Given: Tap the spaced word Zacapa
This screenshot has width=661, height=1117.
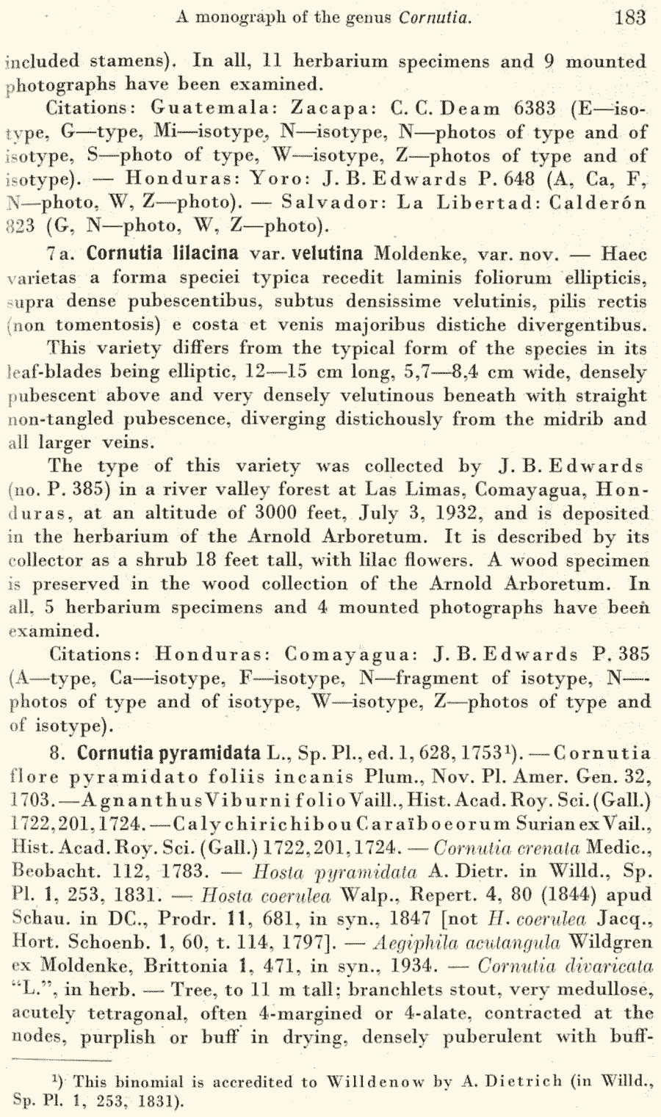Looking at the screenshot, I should click(332, 109).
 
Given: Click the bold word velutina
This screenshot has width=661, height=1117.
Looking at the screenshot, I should click(328, 254).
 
